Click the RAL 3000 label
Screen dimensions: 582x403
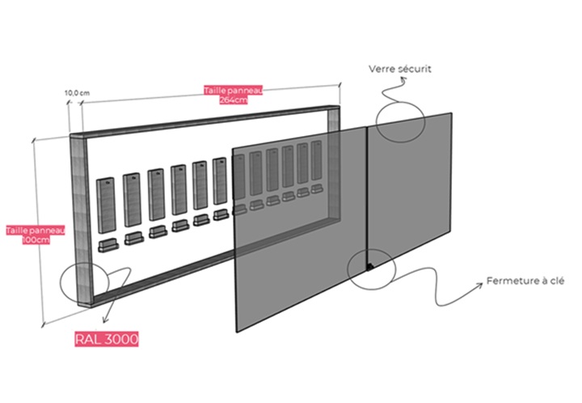click(x=107, y=339)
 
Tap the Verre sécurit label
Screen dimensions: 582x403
click(x=400, y=69)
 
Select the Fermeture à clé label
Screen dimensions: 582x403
click(x=525, y=281)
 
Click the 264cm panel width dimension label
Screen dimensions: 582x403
click(x=234, y=95)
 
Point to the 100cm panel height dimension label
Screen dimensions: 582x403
click(x=36, y=235)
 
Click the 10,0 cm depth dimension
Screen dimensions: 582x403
click(x=78, y=93)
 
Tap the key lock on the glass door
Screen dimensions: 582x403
click(x=370, y=266)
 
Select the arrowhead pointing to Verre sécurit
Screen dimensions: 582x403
click(x=403, y=78)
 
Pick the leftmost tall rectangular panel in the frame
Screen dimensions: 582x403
click(x=106, y=206)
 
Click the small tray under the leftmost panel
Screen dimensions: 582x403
click(x=108, y=246)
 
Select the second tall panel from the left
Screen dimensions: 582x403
click(x=132, y=199)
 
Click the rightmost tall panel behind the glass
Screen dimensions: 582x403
click(x=317, y=160)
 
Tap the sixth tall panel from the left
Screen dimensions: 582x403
click(x=220, y=181)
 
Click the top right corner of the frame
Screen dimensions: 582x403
click(x=339, y=106)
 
